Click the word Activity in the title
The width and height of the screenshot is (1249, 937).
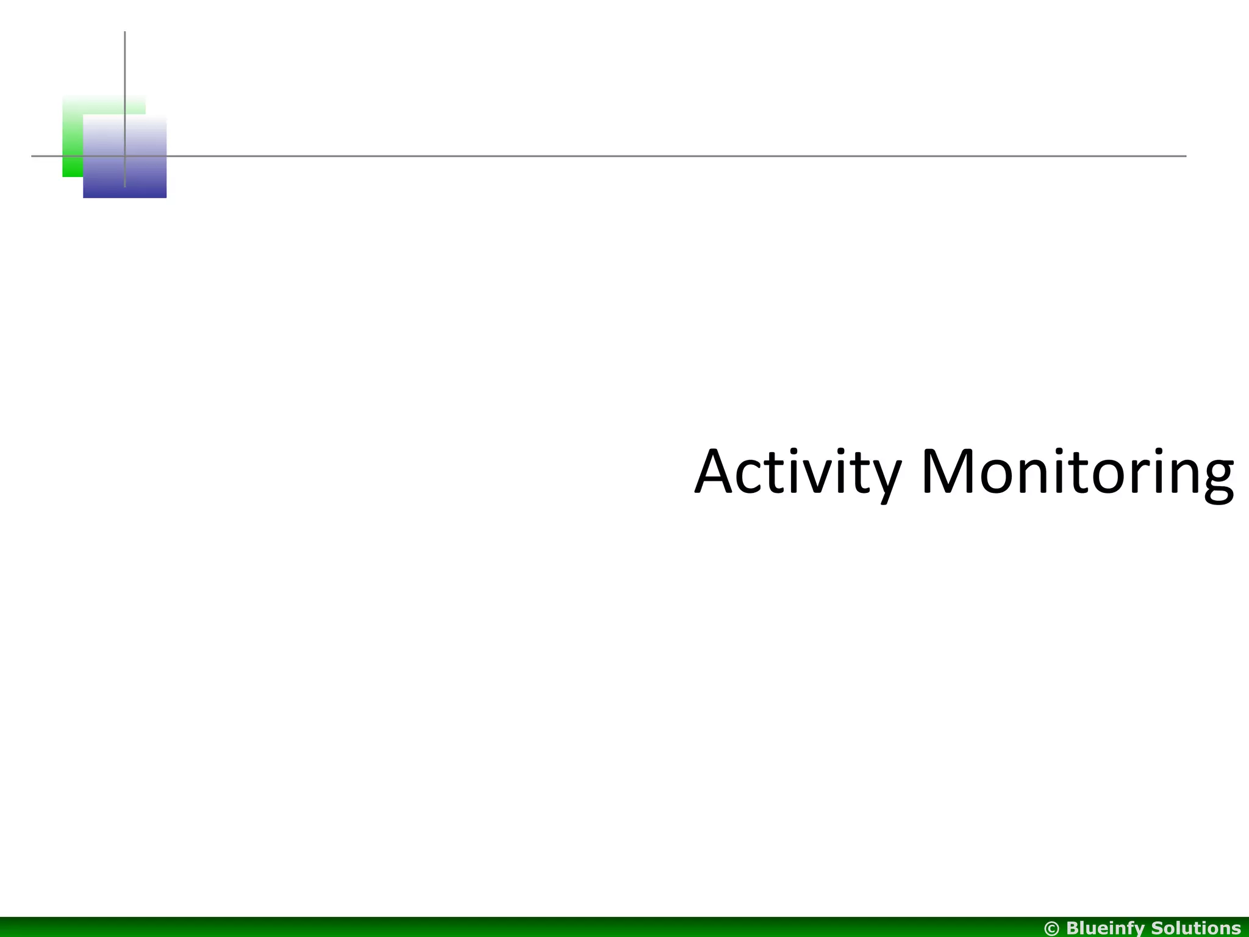[x=798, y=473]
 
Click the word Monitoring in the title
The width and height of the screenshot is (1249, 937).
[x=1077, y=473]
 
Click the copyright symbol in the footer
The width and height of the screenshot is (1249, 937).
[x=1053, y=928]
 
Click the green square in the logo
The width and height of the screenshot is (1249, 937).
[x=73, y=140]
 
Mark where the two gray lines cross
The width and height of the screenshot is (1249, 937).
[x=125, y=156]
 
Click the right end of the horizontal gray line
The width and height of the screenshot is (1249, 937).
[x=1185, y=156]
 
